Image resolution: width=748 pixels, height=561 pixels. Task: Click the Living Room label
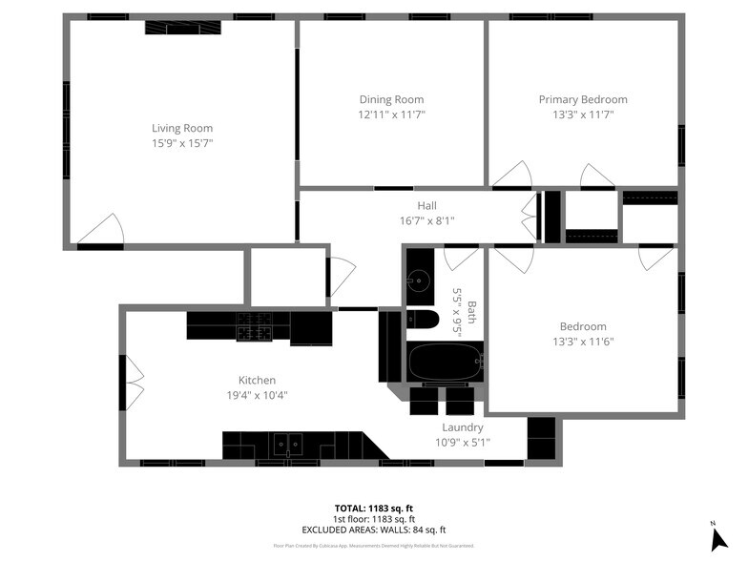(x=182, y=128)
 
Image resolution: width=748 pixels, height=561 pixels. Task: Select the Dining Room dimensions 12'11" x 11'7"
(x=391, y=114)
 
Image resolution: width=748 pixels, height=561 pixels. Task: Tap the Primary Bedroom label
(x=583, y=99)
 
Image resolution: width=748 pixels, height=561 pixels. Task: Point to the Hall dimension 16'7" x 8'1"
(x=426, y=220)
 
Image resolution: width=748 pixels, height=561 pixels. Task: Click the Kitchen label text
(x=257, y=380)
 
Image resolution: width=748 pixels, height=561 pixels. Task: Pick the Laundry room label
(x=462, y=427)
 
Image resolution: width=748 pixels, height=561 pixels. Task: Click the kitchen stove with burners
(x=255, y=326)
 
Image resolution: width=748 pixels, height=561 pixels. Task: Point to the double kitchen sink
(x=285, y=444)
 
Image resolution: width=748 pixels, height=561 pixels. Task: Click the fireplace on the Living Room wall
(x=182, y=27)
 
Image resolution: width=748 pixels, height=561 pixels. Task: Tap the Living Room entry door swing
(x=101, y=230)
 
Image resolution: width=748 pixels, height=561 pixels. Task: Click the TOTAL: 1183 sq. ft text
(x=374, y=509)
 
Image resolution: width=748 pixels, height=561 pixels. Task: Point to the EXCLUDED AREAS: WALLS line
(x=374, y=530)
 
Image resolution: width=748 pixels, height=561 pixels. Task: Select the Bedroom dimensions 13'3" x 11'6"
(x=583, y=341)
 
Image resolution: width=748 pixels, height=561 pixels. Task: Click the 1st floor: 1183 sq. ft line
(x=374, y=519)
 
